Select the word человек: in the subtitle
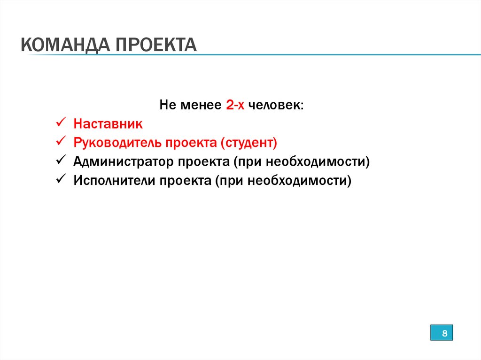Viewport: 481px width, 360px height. (276, 105)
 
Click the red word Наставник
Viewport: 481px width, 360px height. (108, 124)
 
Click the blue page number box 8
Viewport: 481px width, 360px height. (442, 334)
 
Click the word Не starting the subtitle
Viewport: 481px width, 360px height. (166, 105)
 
